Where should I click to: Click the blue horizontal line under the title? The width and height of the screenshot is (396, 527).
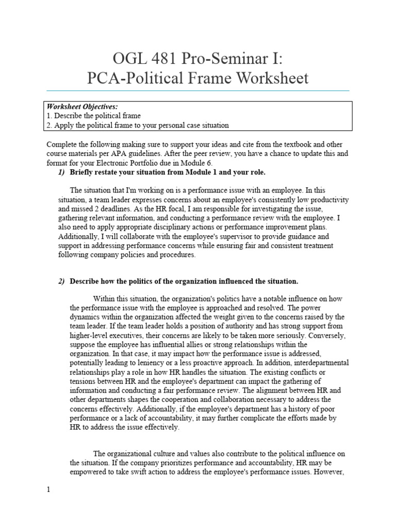click(x=197, y=91)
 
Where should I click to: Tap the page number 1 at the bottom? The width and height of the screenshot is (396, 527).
click(x=48, y=489)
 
